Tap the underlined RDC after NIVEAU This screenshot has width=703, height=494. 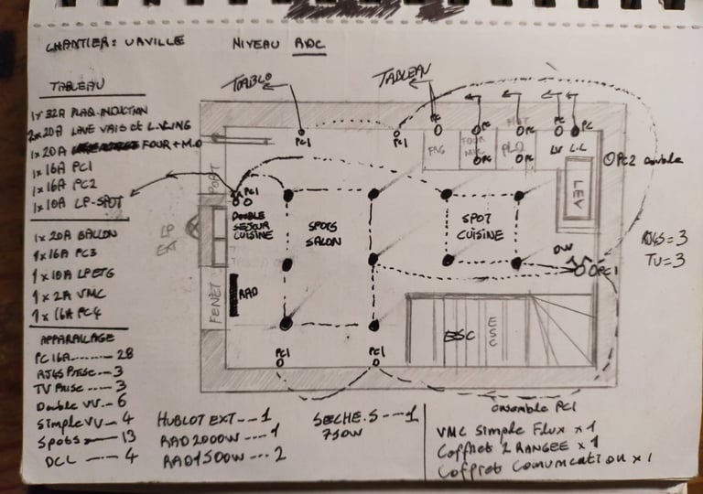[x=308, y=43]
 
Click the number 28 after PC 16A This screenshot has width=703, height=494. [x=126, y=354]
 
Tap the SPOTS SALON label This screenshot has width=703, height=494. [x=322, y=234]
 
